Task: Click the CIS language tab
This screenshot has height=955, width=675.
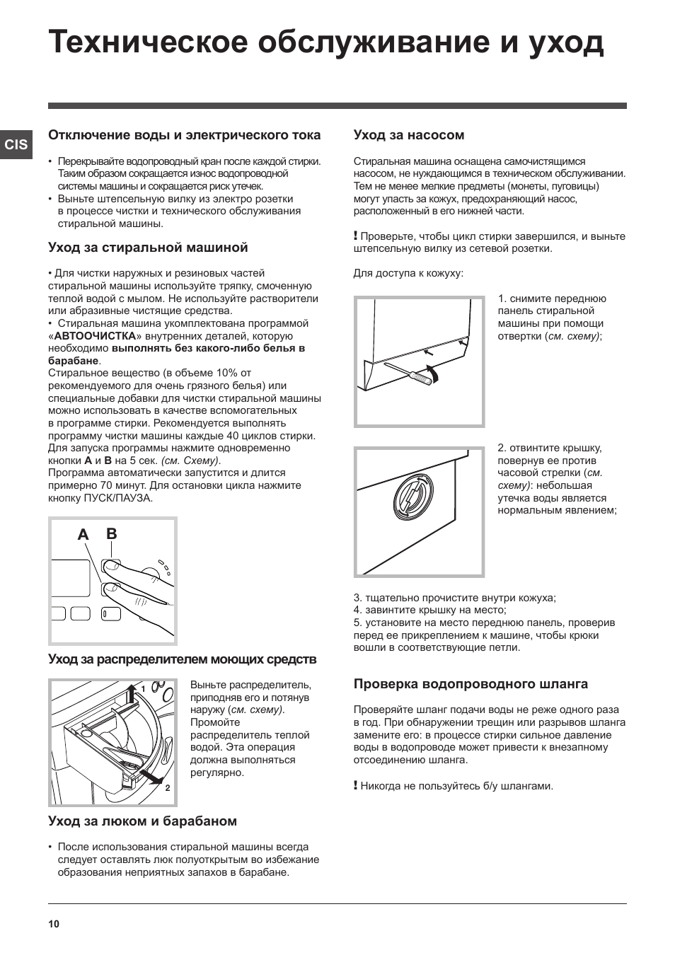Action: pyautogui.click(x=16, y=144)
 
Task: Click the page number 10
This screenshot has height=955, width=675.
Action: pyautogui.click(x=54, y=924)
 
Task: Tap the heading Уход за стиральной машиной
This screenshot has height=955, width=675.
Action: pyautogui.click(x=148, y=248)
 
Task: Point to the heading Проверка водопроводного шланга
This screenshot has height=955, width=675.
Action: pyautogui.click(x=471, y=684)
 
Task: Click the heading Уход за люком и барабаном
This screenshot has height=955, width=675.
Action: pyautogui.click(x=142, y=821)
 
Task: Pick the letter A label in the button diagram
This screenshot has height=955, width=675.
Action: pyautogui.click(x=83, y=536)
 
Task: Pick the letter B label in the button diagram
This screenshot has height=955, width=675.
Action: pyautogui.click(x=111, y=534)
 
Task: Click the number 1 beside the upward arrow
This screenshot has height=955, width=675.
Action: pyautogui.click(x=143, y=688)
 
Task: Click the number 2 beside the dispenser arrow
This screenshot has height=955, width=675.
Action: pyautogui.click(x=168, y=787)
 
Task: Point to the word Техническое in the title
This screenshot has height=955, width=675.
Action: pyautogui.click(x=144, y=42)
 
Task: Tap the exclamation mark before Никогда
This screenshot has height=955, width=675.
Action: pyautogui.click(x=356, y=785)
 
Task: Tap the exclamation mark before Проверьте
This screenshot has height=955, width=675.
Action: pyautogui.click(x=356, y=236)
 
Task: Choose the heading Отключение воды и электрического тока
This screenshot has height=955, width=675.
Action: pyautogui.click(x=184, y=135)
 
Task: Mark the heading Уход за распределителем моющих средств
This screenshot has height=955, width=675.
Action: pyautogui.click(x=182, y=659)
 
